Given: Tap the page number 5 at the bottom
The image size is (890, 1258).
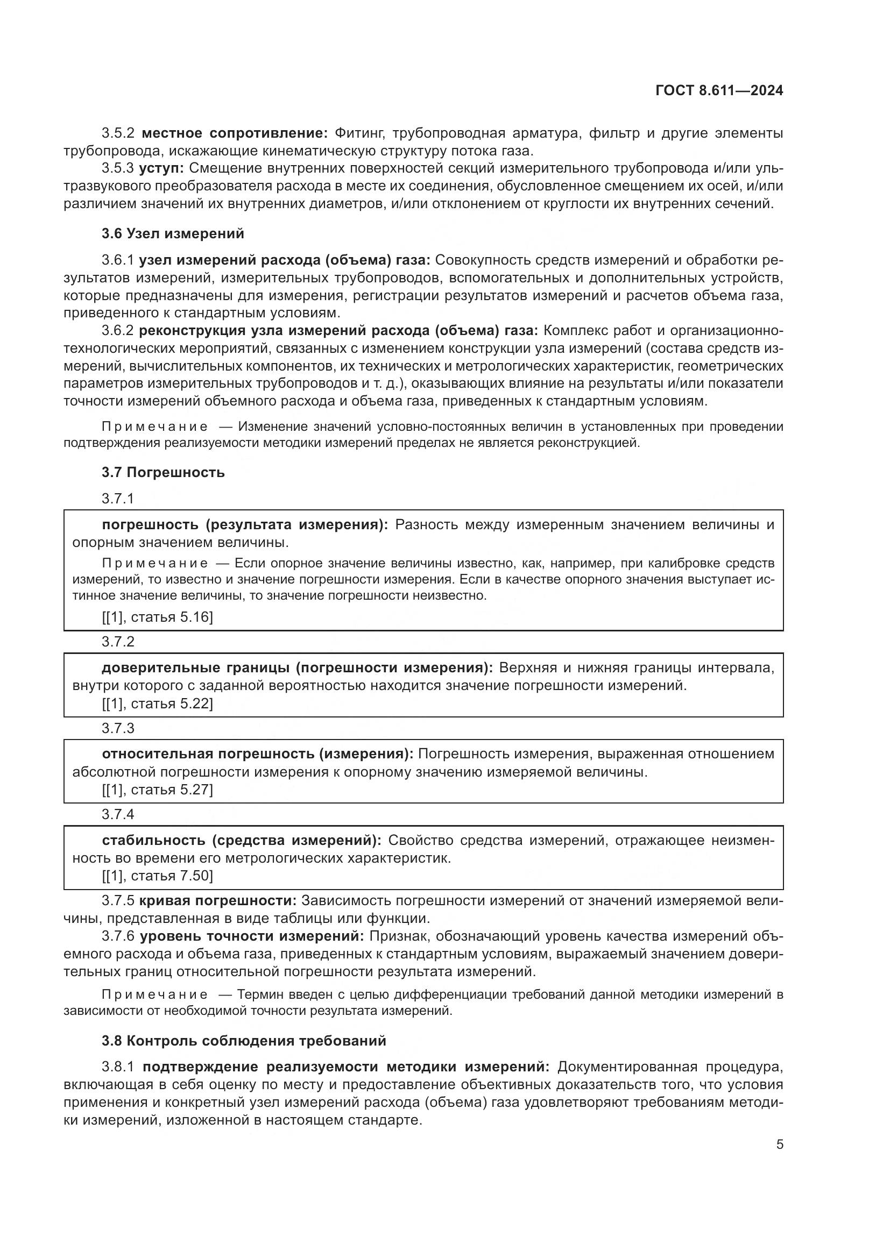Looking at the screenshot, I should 779,1145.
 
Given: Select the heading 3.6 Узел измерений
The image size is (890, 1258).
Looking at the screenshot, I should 173,234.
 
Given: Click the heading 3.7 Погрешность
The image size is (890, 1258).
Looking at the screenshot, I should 163,472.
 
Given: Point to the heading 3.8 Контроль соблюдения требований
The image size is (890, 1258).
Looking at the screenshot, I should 244,1041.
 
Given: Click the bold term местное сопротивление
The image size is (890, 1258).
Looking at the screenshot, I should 234,133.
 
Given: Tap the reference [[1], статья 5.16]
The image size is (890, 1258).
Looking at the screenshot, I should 157,617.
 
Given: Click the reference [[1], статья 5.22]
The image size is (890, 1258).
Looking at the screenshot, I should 157,703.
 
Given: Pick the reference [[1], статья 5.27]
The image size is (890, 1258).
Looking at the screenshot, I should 157,790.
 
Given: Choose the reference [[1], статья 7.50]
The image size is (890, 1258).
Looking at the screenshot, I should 157,876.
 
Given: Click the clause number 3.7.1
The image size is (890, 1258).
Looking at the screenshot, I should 118,499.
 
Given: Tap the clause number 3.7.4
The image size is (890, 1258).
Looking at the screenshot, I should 118,814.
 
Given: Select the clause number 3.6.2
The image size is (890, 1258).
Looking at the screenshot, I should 118,331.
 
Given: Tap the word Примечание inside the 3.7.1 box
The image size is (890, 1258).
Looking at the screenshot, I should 155,563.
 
